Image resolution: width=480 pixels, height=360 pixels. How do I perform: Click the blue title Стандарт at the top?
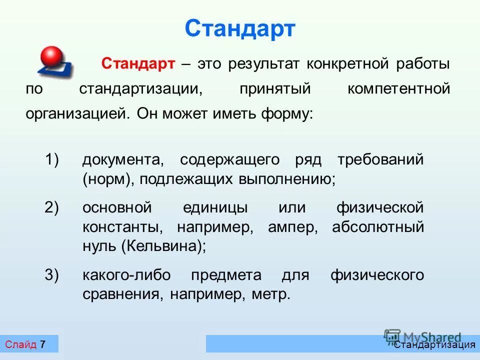240,28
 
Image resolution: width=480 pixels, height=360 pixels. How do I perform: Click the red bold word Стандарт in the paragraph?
138,64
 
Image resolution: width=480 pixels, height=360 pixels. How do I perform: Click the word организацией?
77,113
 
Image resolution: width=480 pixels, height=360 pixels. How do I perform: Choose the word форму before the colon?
285,113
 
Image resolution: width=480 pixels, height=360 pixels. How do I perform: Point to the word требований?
380,160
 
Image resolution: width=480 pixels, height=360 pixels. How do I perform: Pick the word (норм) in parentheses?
109,179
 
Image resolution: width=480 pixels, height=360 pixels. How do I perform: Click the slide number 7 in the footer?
42,344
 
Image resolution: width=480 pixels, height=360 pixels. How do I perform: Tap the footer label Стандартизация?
434,344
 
